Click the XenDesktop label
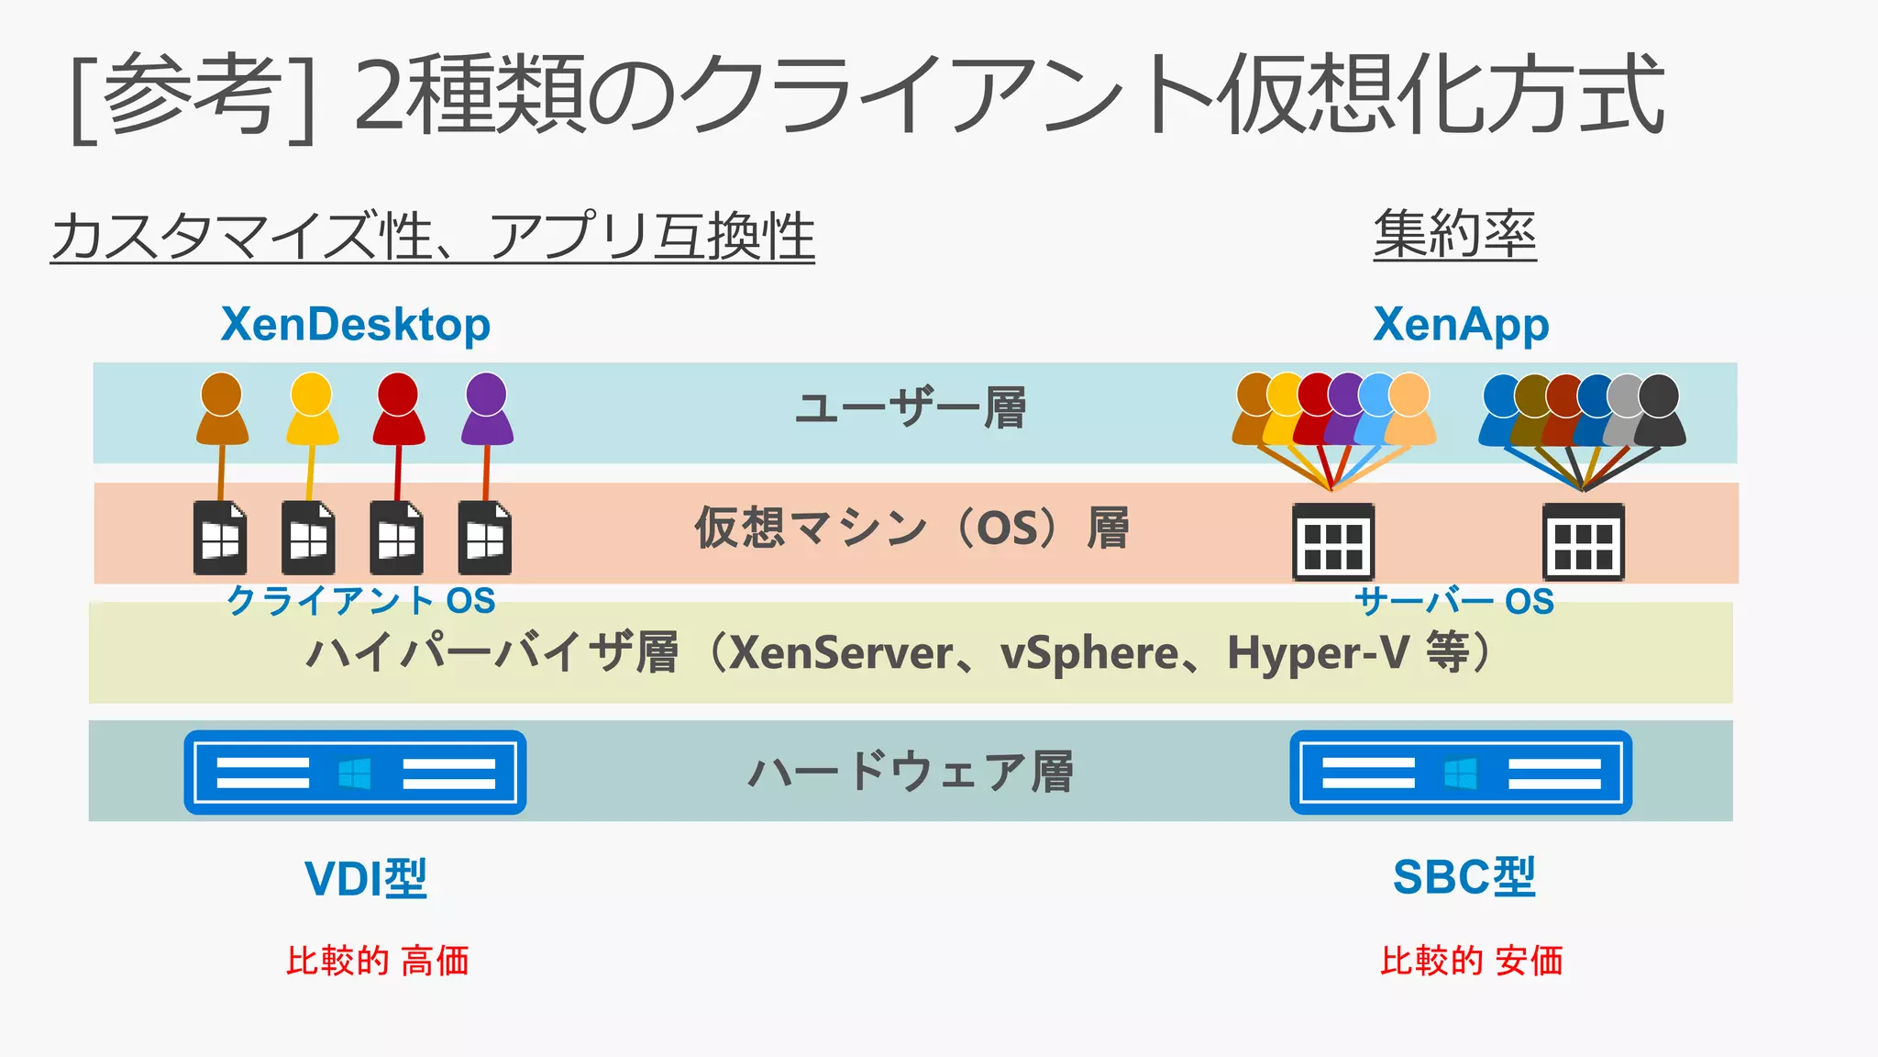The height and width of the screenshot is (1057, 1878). click(356, 325)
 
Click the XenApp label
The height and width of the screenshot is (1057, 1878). click(1461, 325)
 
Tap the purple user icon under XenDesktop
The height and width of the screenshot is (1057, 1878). click(487, 409)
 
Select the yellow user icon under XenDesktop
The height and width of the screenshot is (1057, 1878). click(312, 409)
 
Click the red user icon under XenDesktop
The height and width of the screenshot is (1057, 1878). click(398, 409)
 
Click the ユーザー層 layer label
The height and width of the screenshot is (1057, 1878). click(910, 409)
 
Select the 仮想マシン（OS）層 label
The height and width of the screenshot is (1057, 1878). click(911, 528)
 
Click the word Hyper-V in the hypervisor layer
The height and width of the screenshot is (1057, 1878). click(1318, 653)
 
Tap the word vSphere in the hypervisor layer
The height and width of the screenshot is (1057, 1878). click(1088, 653)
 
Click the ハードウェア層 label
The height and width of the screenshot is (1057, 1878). click(911, 772)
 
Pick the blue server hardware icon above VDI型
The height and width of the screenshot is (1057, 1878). click(355, 773)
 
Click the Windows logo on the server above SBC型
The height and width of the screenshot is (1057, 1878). click(1461, 773)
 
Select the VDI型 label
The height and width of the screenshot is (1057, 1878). click(366, 879)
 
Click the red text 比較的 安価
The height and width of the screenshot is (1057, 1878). click(1471, 962)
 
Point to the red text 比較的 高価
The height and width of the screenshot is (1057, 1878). click(377, 962)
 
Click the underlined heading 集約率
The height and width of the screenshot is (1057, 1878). click(1454, 235)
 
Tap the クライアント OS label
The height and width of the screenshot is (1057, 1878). click(361, 601)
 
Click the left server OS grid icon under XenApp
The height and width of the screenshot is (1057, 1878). click(1333, 541)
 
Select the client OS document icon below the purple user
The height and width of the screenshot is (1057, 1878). click(484, 539)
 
